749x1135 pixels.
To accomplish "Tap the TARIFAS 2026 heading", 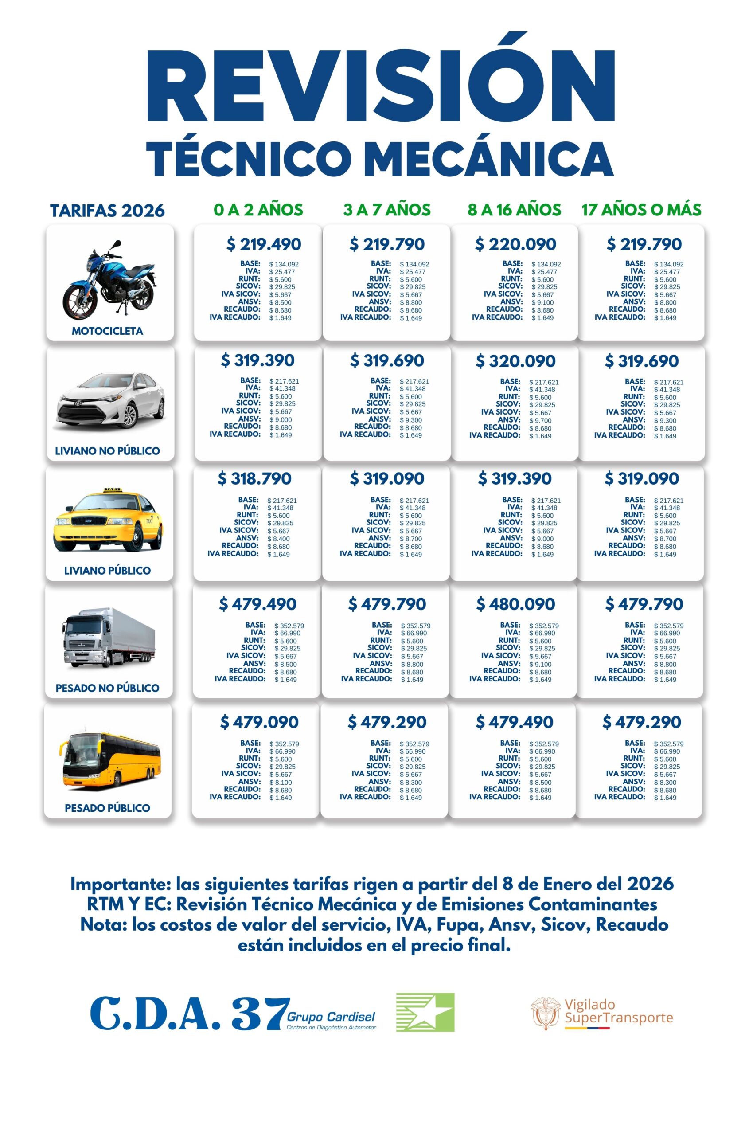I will [108, 211].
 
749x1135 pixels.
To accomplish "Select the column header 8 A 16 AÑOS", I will [514, 210].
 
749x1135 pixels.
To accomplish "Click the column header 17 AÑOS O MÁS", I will [641, 210].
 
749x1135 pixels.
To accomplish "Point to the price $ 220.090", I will [515, 244].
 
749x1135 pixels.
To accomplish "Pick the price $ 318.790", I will [254, 478].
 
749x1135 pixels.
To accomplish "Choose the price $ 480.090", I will [515, 604].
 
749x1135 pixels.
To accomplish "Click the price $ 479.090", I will [259, 722].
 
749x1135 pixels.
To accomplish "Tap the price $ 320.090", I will [515, 361].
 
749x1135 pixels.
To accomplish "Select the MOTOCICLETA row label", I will [108, 331].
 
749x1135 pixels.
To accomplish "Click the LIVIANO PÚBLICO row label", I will [108, 570].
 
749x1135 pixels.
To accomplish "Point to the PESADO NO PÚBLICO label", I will [108, 688].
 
